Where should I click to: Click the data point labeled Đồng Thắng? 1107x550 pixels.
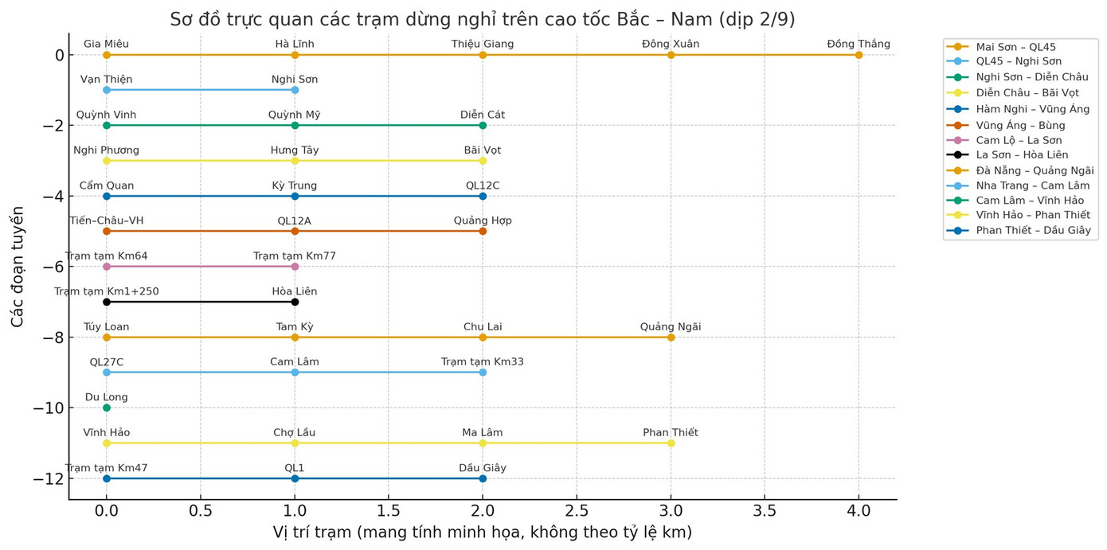859,55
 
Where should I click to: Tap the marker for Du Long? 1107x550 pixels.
107,408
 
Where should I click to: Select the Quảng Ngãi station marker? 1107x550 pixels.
671,337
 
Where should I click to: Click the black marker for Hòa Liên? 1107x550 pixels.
295,302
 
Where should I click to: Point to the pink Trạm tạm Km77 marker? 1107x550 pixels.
295,267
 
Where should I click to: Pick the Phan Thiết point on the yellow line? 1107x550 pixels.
671,443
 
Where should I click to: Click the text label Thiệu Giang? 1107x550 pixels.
483,45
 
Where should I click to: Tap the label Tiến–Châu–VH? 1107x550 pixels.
107,220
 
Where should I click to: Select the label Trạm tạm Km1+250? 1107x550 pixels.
107,291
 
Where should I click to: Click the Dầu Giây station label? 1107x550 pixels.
483,468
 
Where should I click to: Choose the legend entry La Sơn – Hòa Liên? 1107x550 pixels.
1022,155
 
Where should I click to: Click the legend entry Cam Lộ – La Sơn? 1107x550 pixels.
1019,140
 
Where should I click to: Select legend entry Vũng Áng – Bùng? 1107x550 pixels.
1020,126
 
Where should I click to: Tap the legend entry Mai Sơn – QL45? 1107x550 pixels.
1015,47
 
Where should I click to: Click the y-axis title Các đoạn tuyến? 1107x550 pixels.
18,267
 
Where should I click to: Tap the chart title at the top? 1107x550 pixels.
483,19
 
